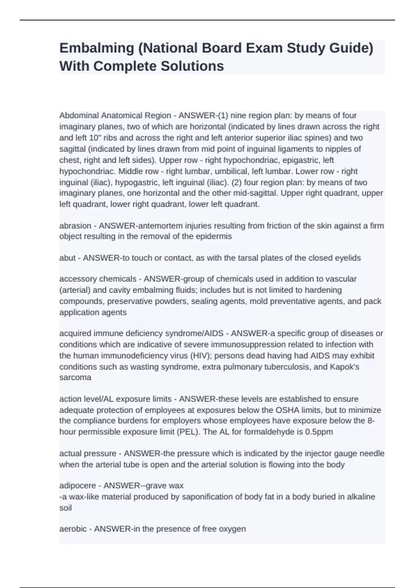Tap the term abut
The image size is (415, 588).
[x=67, y=258]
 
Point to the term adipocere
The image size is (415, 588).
[x=77, y=486]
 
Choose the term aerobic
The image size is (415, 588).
[x=73, y=529]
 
